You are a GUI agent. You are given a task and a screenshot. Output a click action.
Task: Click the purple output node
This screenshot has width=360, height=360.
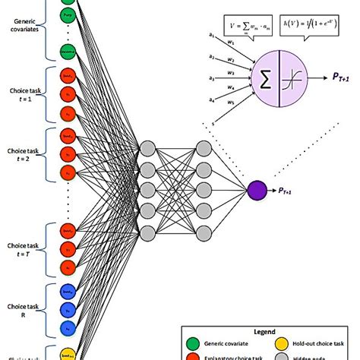click(257, 189)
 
